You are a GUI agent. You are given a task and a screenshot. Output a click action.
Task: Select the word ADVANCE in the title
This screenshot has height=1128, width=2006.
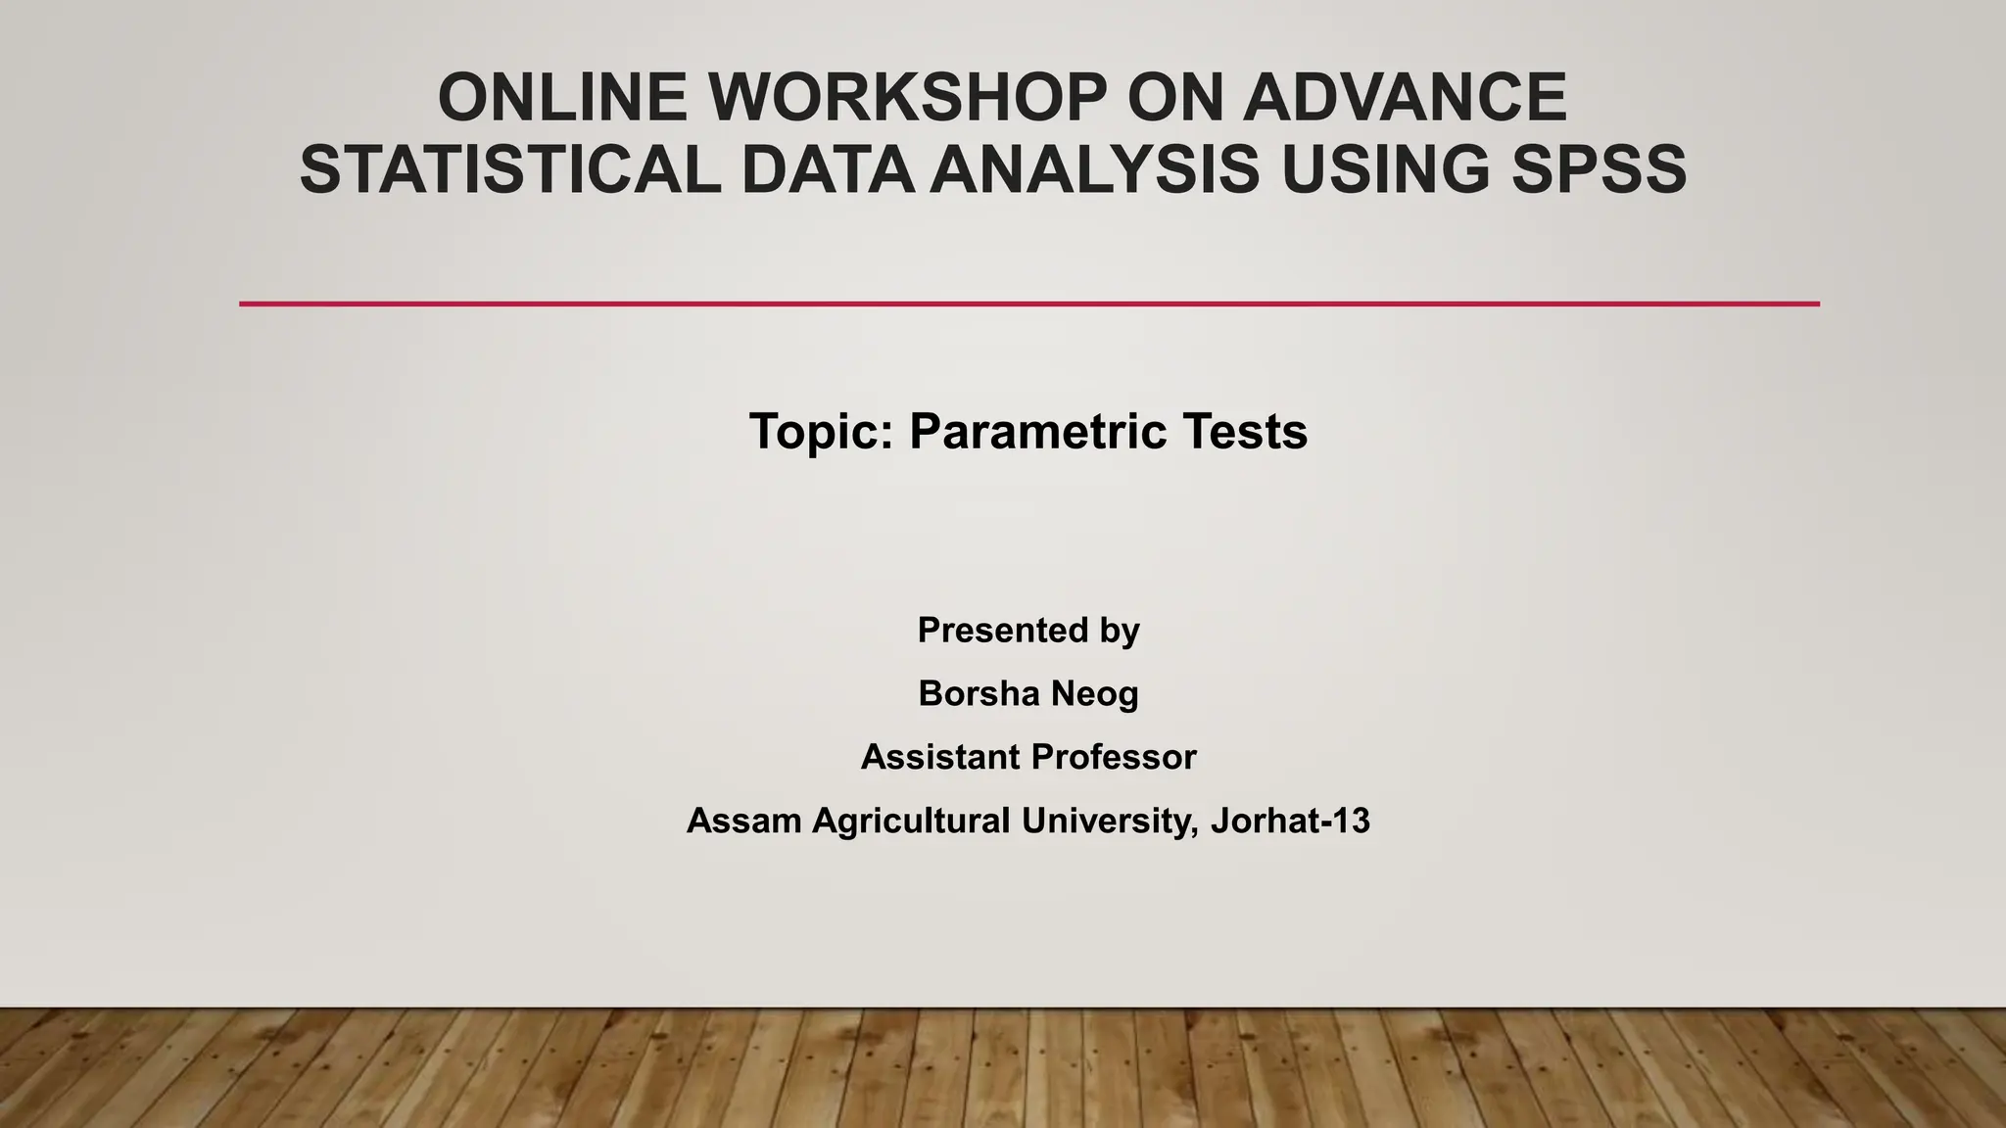coord(1405,98)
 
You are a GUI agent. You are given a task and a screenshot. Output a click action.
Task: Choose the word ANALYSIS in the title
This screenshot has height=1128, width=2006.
coord(1094,169)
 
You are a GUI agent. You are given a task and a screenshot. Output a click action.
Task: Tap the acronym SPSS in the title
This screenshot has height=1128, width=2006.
coord(1599,169)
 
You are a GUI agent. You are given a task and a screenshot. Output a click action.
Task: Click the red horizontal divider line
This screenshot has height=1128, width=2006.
coord(1028,304)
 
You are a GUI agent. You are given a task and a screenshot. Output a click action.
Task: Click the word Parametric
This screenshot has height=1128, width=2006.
coord(1037,432)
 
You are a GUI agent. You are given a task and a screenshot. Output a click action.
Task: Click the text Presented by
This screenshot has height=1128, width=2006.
coord(1028,631)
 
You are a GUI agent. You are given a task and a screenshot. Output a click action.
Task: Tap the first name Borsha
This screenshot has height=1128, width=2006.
coord(978,694)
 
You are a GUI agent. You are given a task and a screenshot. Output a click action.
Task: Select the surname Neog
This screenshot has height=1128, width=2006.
coord(1094,694)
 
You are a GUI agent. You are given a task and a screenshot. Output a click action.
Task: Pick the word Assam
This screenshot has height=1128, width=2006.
coord(743,821)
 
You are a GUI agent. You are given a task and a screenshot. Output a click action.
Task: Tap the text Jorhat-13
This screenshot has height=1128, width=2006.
coord(1290,821)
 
